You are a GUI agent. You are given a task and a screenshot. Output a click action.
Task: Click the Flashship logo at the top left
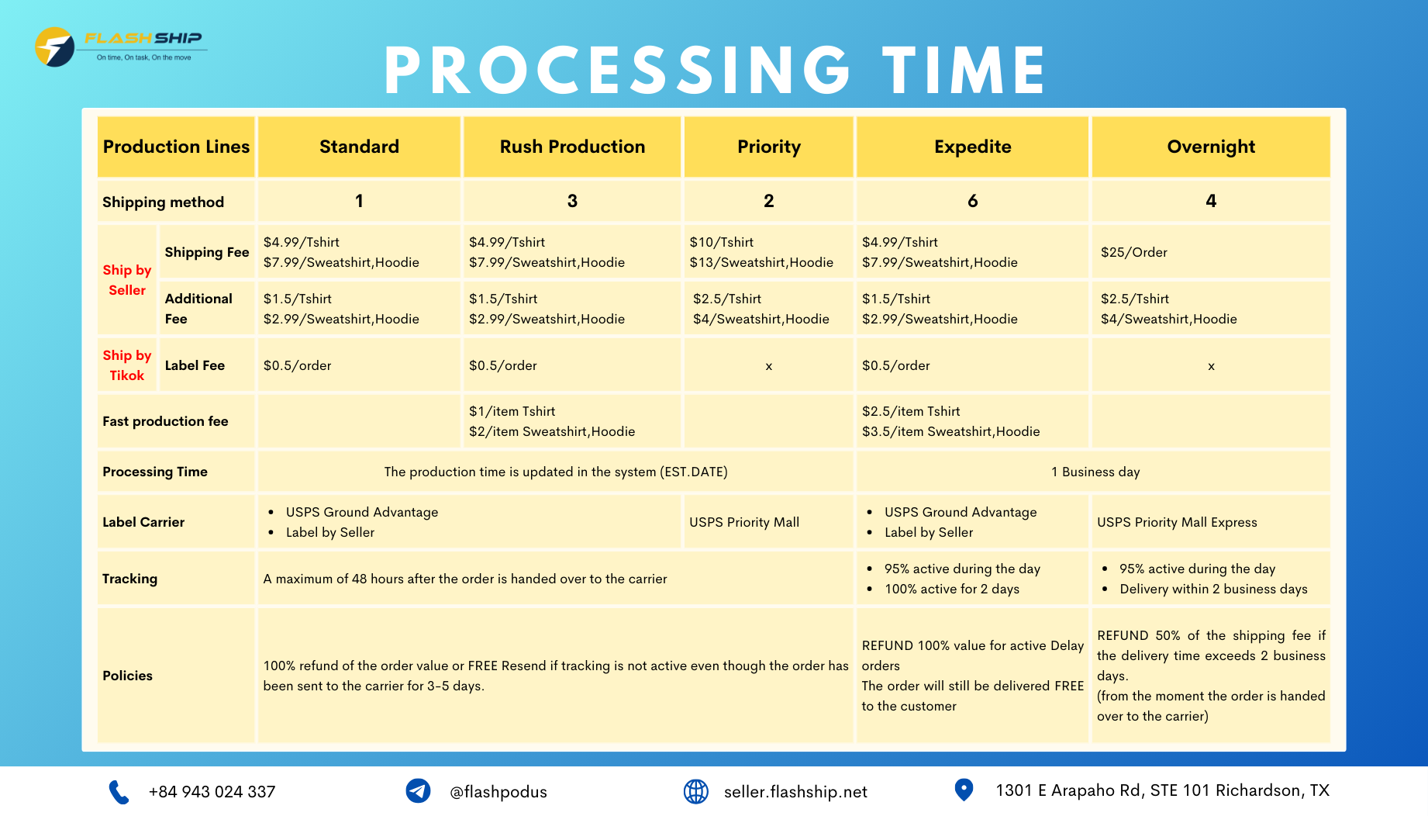point(120,47)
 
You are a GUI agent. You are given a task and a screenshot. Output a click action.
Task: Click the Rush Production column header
point(572,147)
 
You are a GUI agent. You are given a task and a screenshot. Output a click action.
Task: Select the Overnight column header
point(1211,147)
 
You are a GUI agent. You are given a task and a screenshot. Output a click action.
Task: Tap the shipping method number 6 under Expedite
point(972,201)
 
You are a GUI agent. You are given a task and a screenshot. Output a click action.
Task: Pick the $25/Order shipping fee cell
point(1133,252)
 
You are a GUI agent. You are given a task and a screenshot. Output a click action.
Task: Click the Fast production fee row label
point(165,421)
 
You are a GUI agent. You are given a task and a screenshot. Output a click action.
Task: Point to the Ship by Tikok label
point(127,365)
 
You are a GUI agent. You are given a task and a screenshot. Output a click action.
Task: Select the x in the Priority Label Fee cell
point(769,366)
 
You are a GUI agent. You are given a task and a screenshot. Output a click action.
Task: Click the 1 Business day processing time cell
point(1095,472)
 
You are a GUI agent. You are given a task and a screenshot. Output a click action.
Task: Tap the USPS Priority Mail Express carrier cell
point(1177,522)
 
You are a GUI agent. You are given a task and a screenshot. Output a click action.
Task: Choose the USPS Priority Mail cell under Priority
point(744,522)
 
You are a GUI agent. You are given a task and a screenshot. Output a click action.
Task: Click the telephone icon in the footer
point(119,792)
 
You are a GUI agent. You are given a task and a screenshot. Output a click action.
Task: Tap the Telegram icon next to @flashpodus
point(418,791)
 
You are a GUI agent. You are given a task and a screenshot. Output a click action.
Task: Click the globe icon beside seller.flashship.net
point(695,791)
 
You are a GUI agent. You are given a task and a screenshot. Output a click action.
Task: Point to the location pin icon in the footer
point(964,790)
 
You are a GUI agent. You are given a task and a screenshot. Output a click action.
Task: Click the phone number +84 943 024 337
point(212,792)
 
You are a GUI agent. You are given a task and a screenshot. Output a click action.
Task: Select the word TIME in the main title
point(964,70)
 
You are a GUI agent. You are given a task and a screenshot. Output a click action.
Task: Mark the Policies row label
point(127,676)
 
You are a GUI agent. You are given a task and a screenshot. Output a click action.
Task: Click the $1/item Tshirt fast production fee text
point(512,411)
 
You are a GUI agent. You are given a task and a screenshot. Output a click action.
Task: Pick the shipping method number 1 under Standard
point(359,201)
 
